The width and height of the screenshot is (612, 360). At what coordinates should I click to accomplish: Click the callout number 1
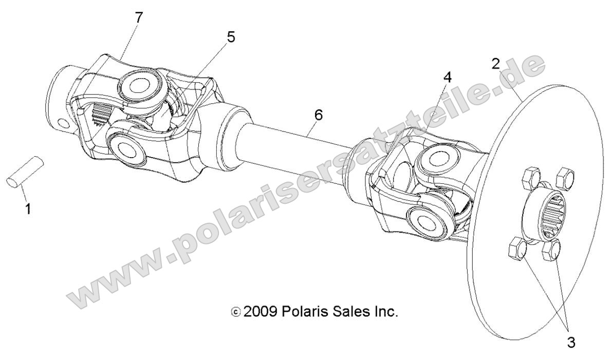pos(27,209)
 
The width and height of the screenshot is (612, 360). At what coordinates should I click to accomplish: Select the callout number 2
pos(495,64)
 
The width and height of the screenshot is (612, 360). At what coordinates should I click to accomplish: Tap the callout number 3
pos(571,342)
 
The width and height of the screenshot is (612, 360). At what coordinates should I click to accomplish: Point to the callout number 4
pos(447,78)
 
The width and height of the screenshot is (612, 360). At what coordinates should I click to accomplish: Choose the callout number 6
pos(318,116)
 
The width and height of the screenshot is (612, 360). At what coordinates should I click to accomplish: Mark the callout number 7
pos(139,17)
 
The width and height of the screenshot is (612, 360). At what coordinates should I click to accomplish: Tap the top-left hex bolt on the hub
pos(529,179)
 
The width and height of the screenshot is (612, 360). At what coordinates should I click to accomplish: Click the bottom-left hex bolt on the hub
pos(516,250)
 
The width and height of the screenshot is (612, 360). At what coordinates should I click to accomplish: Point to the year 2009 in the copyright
pos(261,312)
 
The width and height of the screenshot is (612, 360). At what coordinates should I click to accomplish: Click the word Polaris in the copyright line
pos(307,312)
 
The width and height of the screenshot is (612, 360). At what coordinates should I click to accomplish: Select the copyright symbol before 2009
pos(236,312)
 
